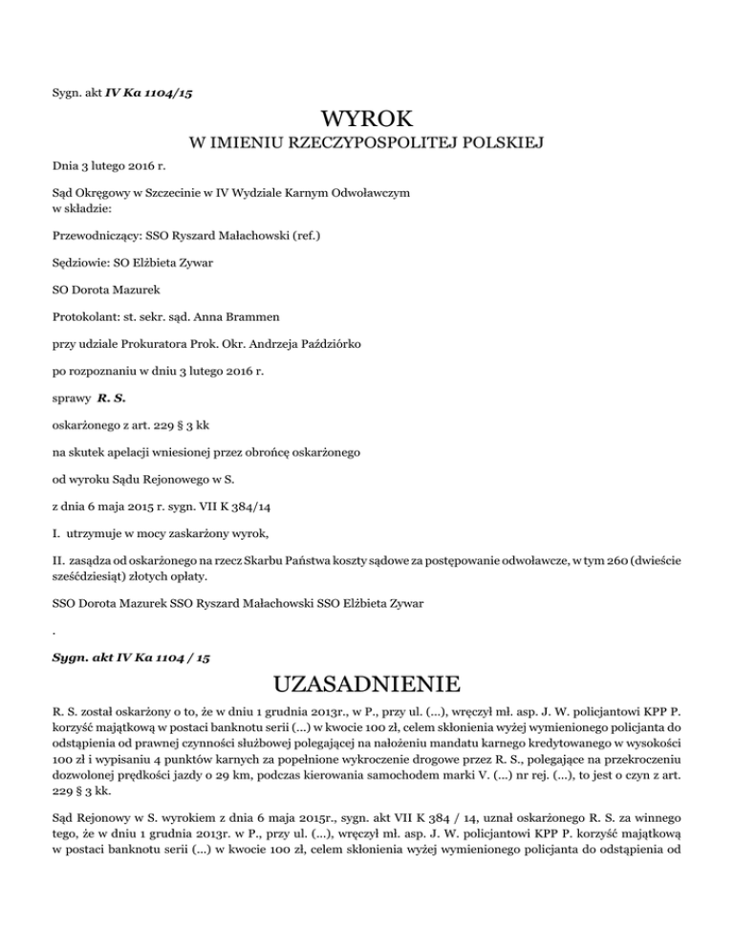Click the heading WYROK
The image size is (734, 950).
coord(367,119)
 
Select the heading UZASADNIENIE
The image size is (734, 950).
coord(367,683)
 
